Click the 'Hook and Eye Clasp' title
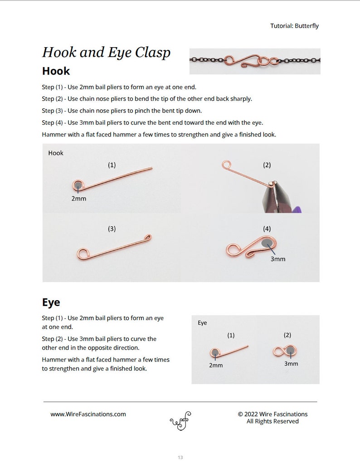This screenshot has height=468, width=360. (x=107, y=53)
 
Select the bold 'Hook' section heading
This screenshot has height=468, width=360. (x=56, y=71)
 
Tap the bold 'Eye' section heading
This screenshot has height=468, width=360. (x=51, y=302)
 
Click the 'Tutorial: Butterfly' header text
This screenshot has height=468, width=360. (x=294, y=26)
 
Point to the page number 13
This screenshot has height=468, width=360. (x=180, y=458)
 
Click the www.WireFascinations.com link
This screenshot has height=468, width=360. (x=88, y=414)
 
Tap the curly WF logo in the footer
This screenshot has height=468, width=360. (x=180, y=421)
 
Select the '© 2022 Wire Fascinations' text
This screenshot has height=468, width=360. (x=272, y=414)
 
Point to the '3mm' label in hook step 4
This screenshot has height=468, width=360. (x=277, y=259)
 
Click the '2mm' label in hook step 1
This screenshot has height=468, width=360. (x=78, y=198)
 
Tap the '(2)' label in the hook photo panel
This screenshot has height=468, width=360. (x=267, y=165)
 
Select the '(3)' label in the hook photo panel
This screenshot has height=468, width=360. (x=112, y=229)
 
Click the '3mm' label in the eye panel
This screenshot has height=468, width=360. (x=291, y=363)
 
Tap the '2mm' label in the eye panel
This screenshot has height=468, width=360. (x=216, y=365)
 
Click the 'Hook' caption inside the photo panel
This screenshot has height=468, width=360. (x=56, y=153)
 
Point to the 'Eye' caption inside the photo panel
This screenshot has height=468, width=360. (x=202, y=323)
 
